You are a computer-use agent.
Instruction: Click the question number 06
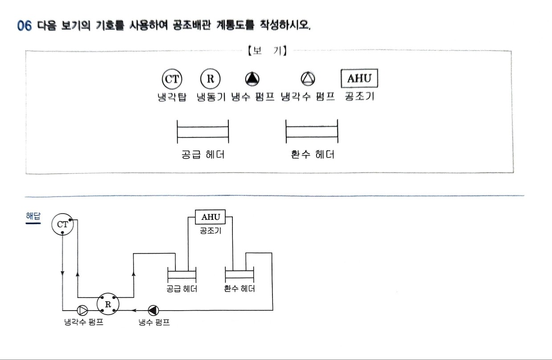[x=24, y=26]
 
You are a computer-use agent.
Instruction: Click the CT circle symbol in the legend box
[x=172, y=79]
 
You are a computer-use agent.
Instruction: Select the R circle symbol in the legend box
[x=210, y=79]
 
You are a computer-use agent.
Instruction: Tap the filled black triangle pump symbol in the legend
[x=252, y=79]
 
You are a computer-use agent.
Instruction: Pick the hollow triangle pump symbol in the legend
[x=308, y=79]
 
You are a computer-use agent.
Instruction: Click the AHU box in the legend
[x=359, y=78]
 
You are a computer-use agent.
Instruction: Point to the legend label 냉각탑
[x=172, y=97]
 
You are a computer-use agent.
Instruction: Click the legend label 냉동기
[x=211, y=97]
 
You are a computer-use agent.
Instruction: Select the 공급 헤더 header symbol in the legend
[x=203, y=132]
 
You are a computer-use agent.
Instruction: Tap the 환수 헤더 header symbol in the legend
[x=312, y=131]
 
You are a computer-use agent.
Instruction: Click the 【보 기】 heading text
[x=268, y=51]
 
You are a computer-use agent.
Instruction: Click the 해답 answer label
[x=33, y=216]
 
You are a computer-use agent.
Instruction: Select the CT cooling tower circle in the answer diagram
[x=62, y=224]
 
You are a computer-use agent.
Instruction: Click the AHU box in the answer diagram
[x=210, y=217]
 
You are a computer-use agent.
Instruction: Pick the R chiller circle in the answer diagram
[x=108, y=304]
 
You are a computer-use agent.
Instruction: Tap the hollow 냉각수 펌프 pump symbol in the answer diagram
[x=82, y=311]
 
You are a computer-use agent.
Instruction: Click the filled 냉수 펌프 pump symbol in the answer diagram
[x=153, y=311]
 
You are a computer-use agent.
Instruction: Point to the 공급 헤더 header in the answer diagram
[x=182, y=275]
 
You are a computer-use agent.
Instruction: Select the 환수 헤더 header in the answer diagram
[x=239, y=275]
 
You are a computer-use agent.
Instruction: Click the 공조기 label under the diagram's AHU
[x=210, y=231]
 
